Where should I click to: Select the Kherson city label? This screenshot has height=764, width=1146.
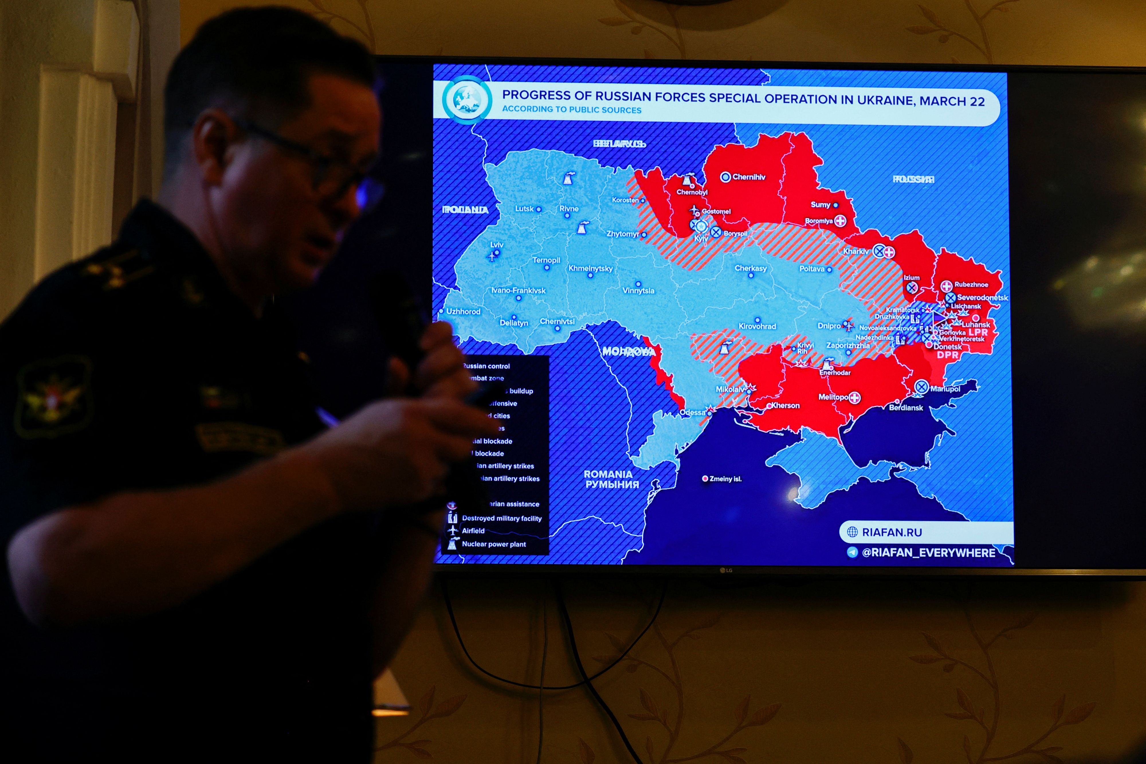click(785, 405)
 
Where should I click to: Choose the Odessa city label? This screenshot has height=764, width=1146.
click(692, 412)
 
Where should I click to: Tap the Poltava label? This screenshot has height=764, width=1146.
click(812, 269)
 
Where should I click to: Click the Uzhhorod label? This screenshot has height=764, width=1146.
click(463, 311)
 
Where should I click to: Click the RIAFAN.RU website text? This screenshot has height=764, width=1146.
click(892, 532)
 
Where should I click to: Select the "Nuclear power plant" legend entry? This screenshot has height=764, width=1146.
click(493, 544)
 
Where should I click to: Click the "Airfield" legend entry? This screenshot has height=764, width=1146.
click(473, 531)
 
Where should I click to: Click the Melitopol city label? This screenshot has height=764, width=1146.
click(833, 397)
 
